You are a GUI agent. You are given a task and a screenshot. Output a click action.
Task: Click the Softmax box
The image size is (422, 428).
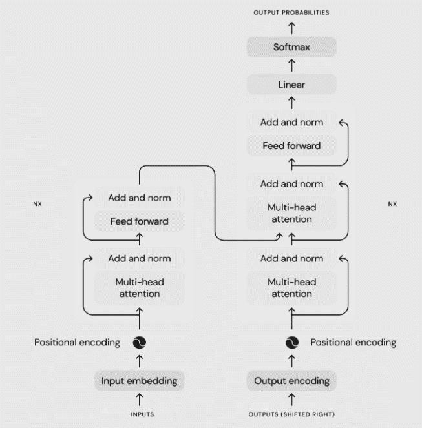[x=291, y=47]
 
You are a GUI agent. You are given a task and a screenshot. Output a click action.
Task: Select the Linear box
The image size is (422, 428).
[x=291, y=85]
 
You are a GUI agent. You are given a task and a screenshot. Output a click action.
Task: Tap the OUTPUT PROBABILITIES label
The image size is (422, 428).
[x=291, y=12]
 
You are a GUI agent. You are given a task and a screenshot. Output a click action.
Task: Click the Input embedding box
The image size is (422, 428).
[x=139, y=380]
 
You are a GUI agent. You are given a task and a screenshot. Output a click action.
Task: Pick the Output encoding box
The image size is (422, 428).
[x=291, y=380]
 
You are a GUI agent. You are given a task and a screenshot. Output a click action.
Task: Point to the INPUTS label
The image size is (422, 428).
[x=139, y=414]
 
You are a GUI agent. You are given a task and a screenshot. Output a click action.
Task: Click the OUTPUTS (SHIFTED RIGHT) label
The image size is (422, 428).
[x=291, y=414]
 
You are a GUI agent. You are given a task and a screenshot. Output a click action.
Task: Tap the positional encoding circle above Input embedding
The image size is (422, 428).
[x=139, y=343]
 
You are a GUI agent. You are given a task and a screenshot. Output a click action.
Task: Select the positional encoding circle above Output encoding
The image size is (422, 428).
[x=291, y=343]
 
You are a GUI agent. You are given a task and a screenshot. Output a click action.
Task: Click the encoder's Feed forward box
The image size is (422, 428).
[x=139, y=221]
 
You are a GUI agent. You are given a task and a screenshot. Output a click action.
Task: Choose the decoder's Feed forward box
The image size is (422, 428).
[x=291, y=146]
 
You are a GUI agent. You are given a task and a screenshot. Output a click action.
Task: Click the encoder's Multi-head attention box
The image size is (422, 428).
[x=139, y=289]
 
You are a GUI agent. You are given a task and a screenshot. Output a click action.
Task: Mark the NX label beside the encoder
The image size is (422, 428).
[x=37, y=204]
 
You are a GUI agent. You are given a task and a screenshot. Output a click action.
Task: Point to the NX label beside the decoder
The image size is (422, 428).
[x=392, y=204]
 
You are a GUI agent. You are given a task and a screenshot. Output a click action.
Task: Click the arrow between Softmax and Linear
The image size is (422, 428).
[x=291, y=66]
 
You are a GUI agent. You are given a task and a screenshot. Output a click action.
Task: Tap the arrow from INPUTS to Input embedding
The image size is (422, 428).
[x=139, y=398]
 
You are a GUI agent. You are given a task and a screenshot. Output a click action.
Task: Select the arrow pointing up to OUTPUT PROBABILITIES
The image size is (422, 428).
[x=291, y=27]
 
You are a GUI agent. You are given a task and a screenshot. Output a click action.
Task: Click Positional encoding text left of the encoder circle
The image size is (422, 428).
[x=78, y=342]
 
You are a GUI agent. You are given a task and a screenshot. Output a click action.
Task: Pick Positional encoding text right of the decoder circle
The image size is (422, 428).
[x=353, y=342]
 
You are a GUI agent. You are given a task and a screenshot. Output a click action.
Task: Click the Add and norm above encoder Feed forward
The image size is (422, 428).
[x=139, y=197]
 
